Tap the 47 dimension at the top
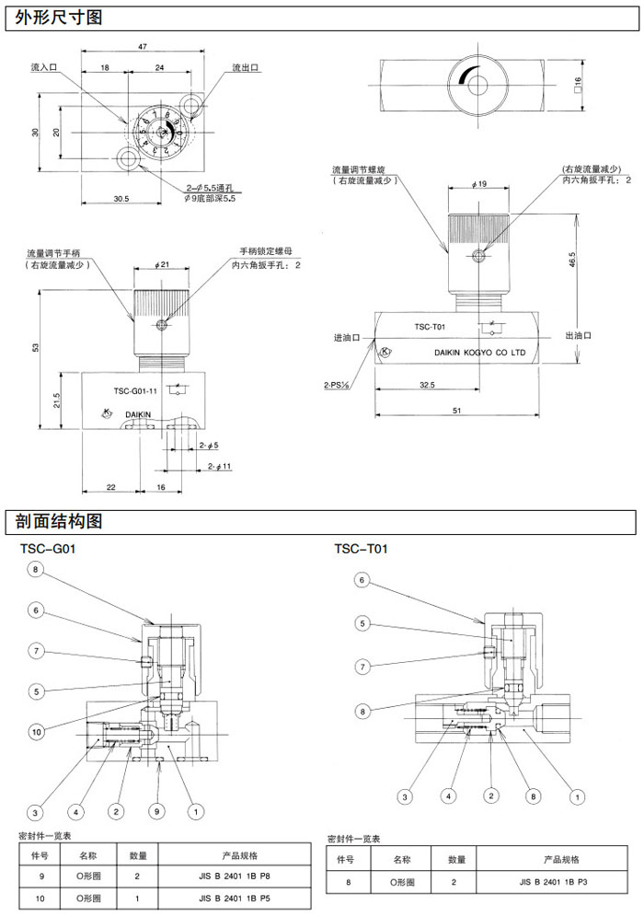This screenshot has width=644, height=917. [x=143, y=46]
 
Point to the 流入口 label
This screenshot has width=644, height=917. [x=43, y=68]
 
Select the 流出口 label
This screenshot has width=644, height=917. [x=246, y=68]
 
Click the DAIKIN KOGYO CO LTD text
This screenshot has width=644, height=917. [x=478, y=352]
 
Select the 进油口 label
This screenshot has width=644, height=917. [x=346, y=338]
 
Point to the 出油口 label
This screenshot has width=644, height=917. [x=577, y=336]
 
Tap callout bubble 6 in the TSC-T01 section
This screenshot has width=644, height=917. [x=362, y=581]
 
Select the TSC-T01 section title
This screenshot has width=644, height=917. [x=361, y=550]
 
